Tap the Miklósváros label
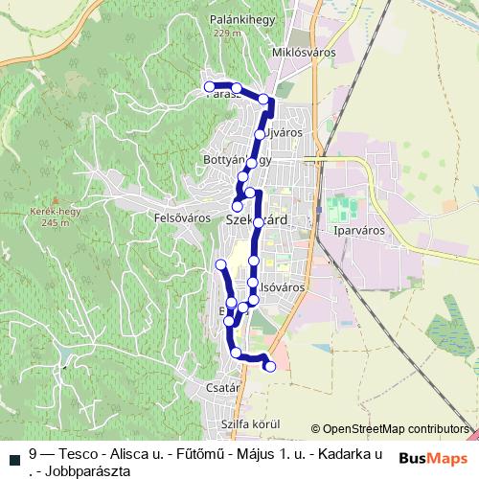(304, 52)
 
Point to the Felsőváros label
(181, 217)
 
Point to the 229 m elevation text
(227, 34)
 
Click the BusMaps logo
(431, 457)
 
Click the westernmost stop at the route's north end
(209, 87)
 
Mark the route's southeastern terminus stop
(270, 366)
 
